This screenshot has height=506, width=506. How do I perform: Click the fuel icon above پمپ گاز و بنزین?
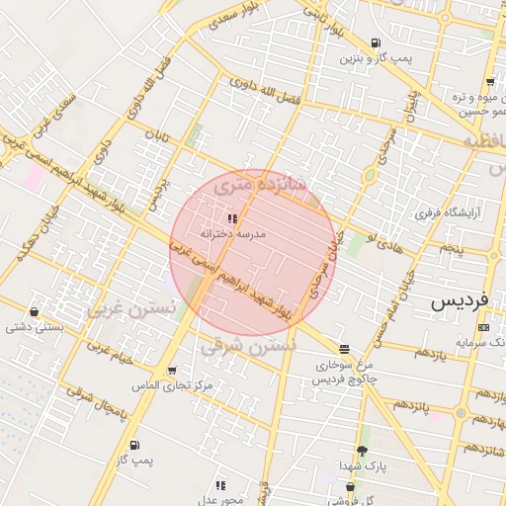coord(376,42)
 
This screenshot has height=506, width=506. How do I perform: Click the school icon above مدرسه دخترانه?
coord(232,218)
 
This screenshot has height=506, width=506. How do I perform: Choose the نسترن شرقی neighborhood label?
coord(248,347)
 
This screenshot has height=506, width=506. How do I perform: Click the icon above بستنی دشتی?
coord(36,311)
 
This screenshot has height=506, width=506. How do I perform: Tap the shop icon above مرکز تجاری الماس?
coord(173,371)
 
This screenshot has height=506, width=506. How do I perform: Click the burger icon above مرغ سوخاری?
coord(343,349)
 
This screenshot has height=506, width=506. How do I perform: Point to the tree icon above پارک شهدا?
coord(362,451)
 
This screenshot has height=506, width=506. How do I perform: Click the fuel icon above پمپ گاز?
coord(134,445)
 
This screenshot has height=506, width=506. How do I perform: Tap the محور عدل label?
coord(221,499)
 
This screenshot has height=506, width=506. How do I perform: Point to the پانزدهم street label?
coord(408,405)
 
